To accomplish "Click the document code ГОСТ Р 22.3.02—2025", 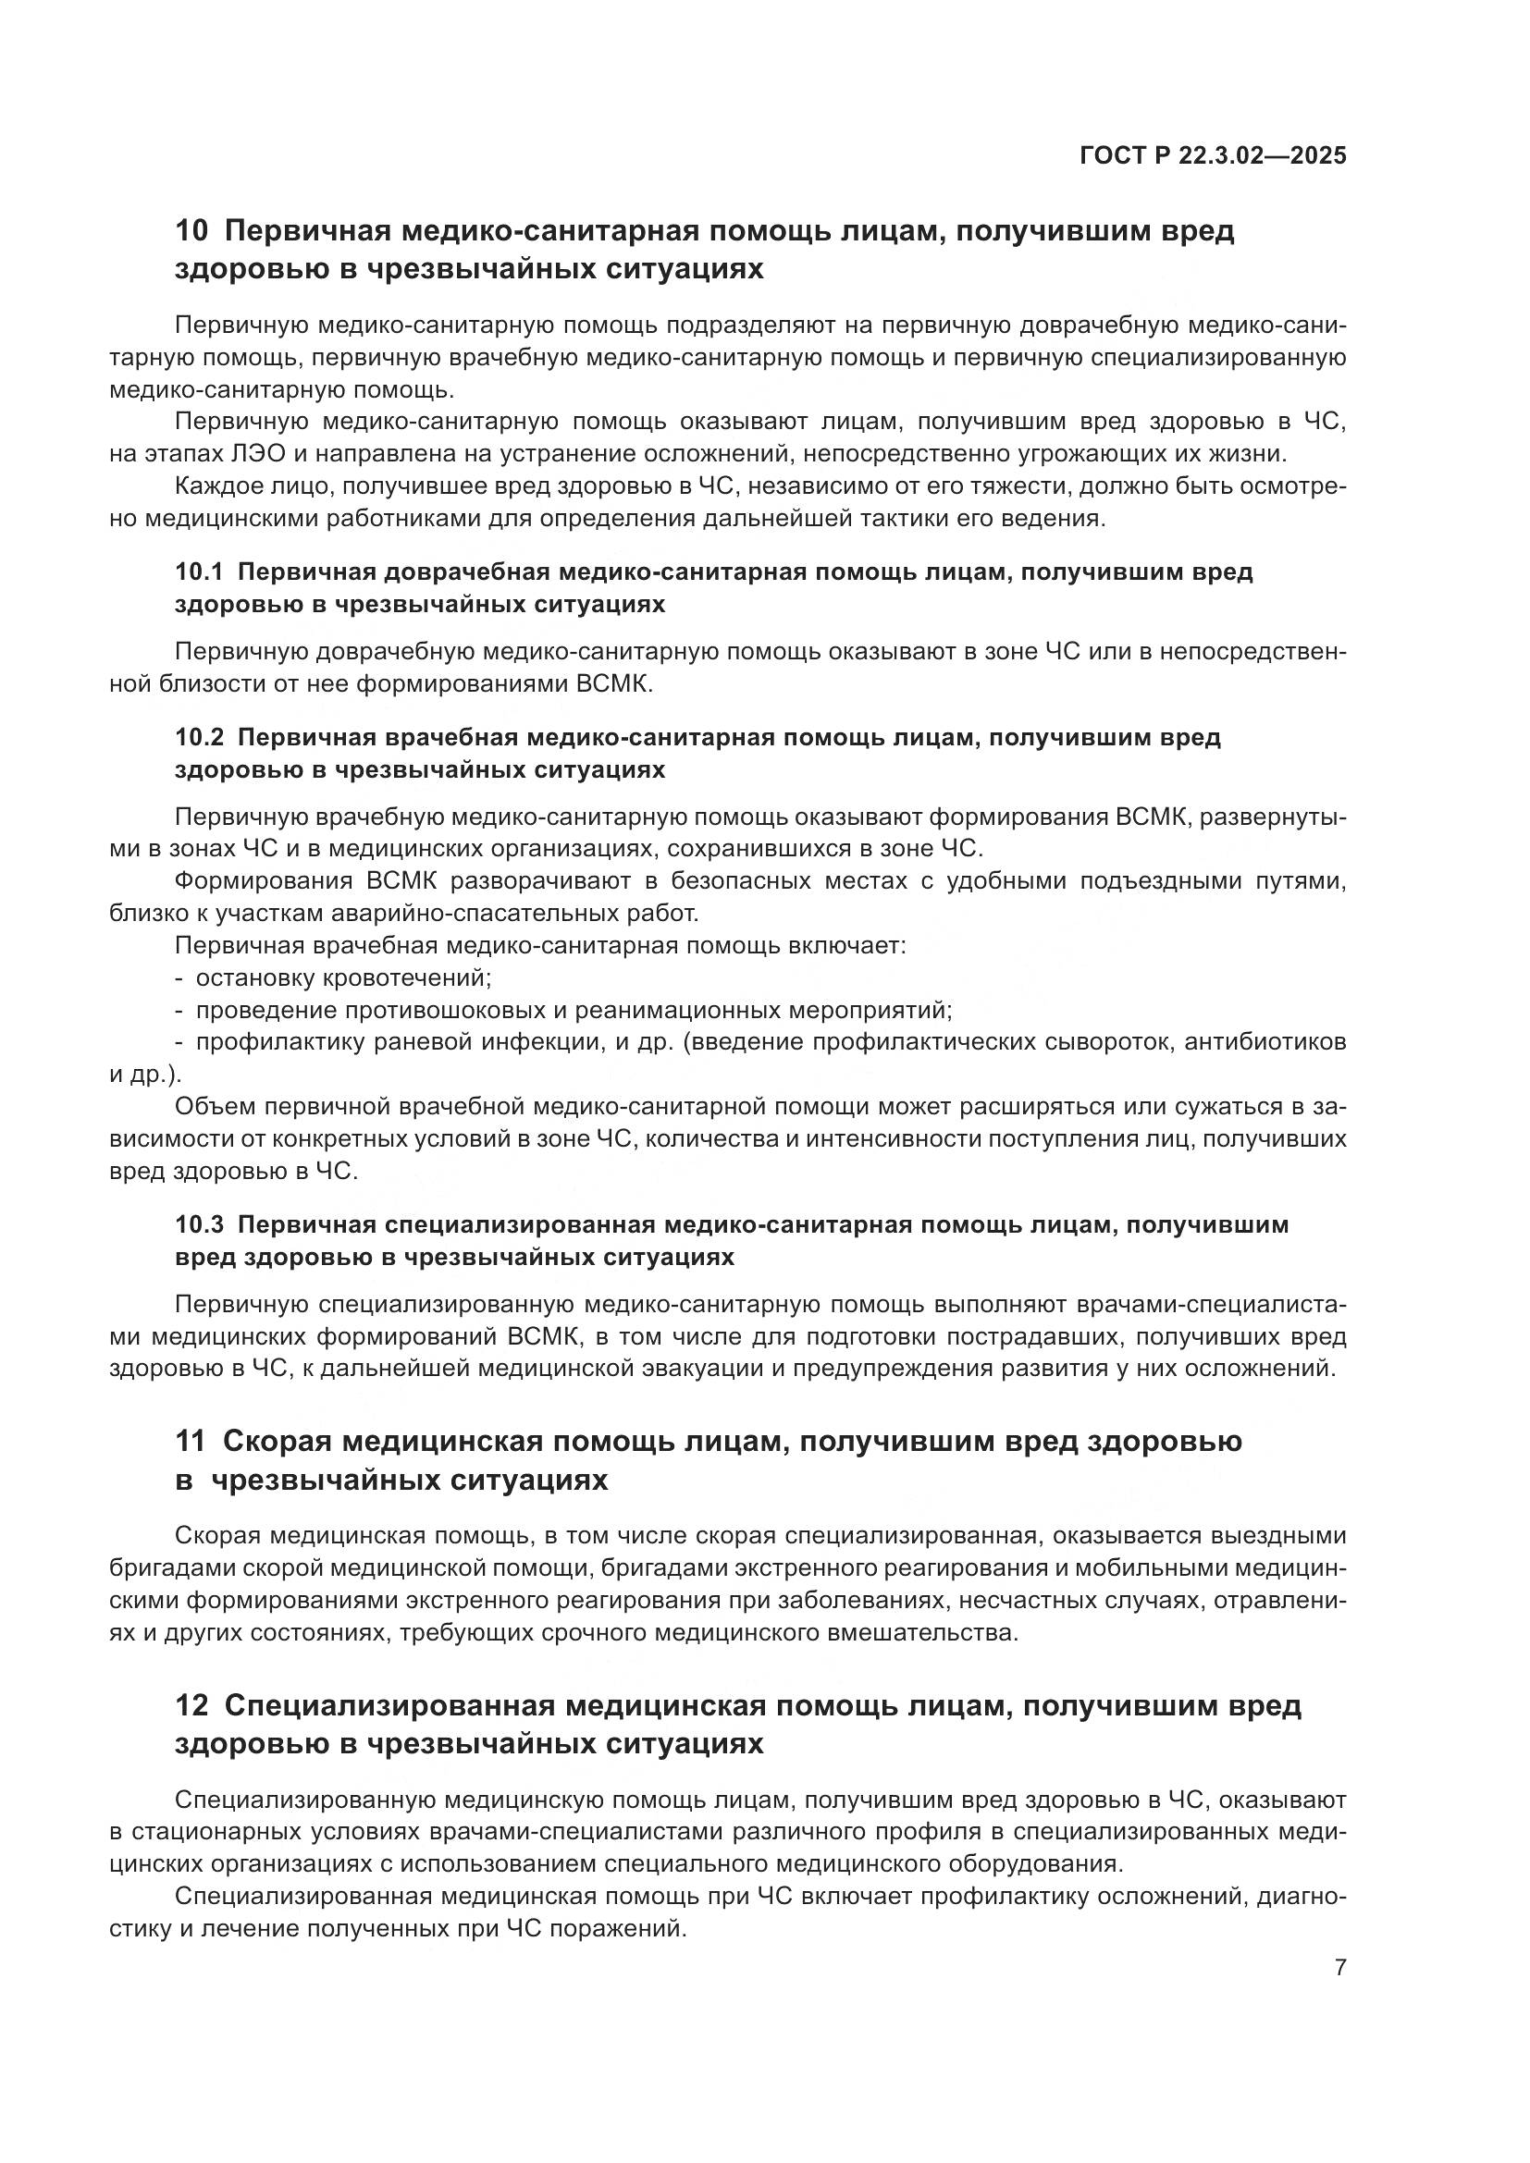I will [1213, 155].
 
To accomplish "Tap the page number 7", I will [1339, 1967].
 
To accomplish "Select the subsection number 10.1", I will [199, 571].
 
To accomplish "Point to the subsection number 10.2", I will [199, 738].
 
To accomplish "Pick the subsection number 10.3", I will [199, 1224].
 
